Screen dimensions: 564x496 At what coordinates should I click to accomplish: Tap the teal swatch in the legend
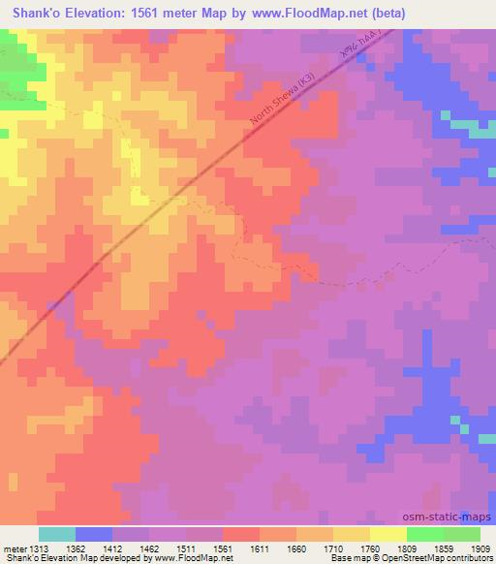tap(57, 534)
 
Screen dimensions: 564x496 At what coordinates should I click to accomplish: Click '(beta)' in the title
tap(384, 13)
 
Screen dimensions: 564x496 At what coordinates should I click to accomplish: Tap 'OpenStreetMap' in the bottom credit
tap(419, 559)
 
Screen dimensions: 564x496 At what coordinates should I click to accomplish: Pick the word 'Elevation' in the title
tap(98, 13)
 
